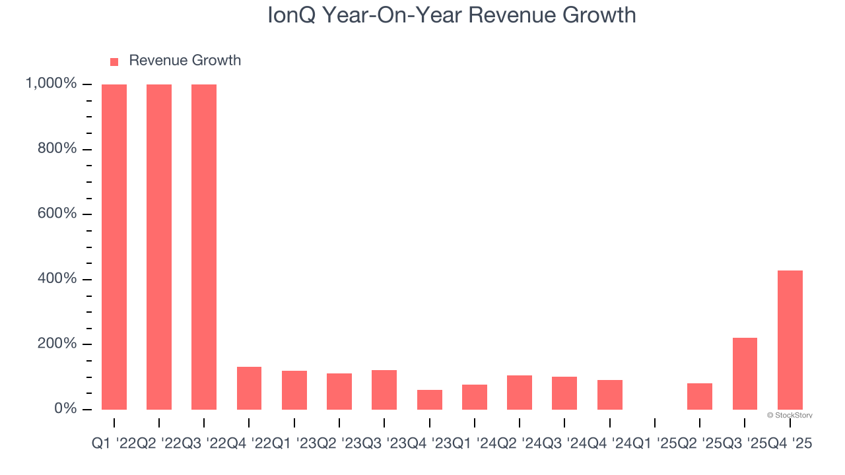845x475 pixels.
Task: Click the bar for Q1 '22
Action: (114, 247)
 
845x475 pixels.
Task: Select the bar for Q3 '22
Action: (204, 247)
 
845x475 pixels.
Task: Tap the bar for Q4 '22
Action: (249, 388)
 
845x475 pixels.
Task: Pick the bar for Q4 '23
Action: (429, 399)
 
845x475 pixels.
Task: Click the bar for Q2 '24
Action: (520, 392)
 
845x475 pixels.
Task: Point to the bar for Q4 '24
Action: (609, 395)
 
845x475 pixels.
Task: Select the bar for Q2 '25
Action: (700, 396)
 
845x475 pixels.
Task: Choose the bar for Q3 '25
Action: (745, 373)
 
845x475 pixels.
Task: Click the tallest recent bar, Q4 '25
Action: (790, 340)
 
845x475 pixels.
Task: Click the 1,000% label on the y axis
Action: (51, 84)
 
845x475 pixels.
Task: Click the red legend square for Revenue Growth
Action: (114, 61)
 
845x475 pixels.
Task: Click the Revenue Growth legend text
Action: (185, 61)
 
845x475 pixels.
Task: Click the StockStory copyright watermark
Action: (790, 416)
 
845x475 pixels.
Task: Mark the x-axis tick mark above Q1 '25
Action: (655, 422)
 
